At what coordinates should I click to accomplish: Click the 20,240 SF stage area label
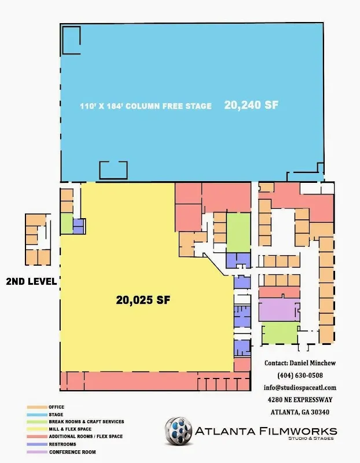click(251, 105)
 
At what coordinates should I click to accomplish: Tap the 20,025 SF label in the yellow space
click(143, 300)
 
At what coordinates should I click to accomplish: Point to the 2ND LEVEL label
click(31, 281)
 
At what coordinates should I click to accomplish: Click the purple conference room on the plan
click(279, 310)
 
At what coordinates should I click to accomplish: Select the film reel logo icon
click(178, 431)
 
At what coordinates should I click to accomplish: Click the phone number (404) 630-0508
click(300, 375)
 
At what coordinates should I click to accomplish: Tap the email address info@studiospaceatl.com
click(300, 387)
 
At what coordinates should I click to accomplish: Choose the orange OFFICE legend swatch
click(37, 407)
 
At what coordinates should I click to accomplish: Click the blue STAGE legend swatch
click(37, 414)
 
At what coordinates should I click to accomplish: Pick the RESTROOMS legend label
click(63, 444)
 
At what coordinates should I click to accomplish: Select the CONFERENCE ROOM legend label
click(72, 452)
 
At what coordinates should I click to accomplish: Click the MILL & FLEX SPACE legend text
click(70, 429)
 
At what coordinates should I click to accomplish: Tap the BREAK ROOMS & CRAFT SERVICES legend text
click(86, 422)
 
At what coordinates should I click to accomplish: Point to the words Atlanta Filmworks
click(266, 431)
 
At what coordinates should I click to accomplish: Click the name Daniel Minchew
click(313, 363)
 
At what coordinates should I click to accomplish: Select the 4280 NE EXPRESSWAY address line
click(300, 400)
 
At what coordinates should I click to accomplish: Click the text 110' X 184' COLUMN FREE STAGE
click(146, 106)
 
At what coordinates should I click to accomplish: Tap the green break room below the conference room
click(280, 333)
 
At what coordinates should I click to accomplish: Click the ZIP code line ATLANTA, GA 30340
click(300, 412)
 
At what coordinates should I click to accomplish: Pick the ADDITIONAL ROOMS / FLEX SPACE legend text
click(86, 436)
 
